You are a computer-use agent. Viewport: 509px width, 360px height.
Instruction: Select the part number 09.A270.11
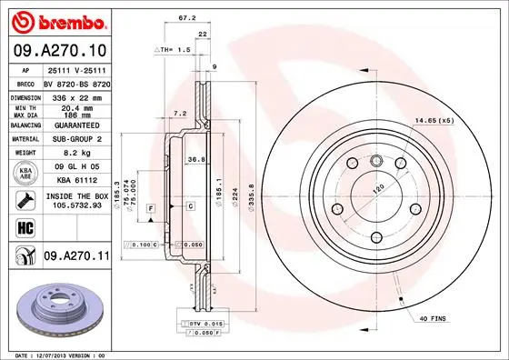76,257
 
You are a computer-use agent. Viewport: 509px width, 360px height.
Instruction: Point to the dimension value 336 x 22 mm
75,95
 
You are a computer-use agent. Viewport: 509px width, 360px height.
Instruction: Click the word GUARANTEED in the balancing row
75,125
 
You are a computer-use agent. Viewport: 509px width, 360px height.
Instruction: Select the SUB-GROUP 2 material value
75,140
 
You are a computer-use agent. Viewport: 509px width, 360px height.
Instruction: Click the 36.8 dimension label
195,160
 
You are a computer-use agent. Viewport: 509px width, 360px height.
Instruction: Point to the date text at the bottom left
56,354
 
